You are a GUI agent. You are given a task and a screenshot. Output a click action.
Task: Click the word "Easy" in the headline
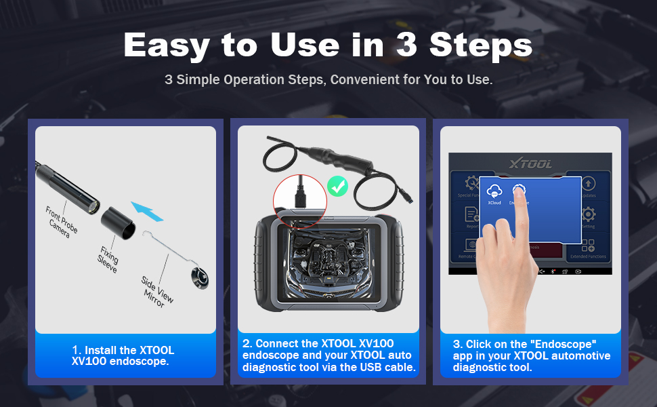pyautogui.click(x=167, y=45)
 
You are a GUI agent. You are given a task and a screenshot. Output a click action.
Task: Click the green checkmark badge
pyautogui.click(x=337, y=186)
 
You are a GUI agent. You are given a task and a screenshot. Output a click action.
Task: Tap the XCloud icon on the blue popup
pyautogui.click(x=494, y=192)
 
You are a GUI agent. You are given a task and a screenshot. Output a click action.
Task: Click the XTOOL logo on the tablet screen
pyautogui.click(x=530, y=163)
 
